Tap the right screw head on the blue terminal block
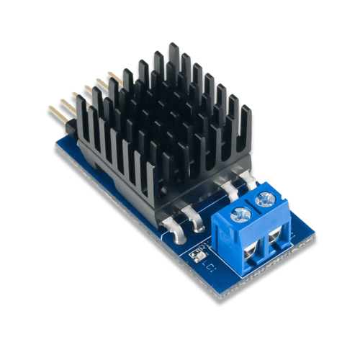point(268,196)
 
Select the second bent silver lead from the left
point(194,214)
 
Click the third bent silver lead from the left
point(230,189)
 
